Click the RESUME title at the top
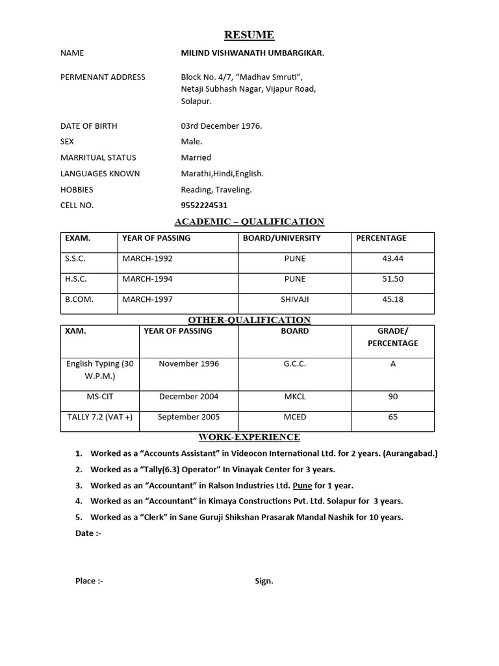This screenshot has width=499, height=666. point(249,35)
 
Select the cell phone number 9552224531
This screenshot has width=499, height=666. point(204,206)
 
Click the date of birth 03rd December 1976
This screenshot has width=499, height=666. point(221,126)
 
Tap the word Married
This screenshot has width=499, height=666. point(196,157)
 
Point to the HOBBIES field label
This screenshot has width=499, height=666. point(77,190)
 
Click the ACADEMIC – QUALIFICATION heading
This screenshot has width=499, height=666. point(249,222)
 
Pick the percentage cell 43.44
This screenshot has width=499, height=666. point(392,259)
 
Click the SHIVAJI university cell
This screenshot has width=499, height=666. point(294,299)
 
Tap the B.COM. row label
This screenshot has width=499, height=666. point(77,299)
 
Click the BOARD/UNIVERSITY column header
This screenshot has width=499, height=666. point(281,238)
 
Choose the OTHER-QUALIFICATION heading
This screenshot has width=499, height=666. point(249,320)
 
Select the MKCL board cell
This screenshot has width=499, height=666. point(294,397)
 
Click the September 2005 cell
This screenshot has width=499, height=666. point(188,417)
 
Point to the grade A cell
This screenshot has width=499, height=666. point(392,364)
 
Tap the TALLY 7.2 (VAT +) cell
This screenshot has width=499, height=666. point(100,417)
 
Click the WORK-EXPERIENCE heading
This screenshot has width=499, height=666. point(249,437)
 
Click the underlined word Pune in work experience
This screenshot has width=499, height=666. point(302,486)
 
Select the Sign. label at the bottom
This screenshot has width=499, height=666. point(264,581)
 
